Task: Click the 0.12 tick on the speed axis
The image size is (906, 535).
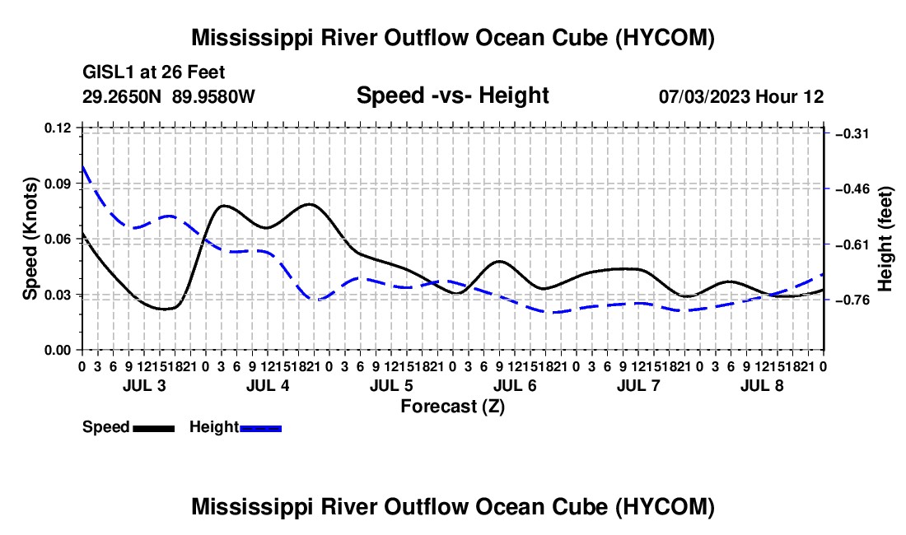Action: (x=57, y=128)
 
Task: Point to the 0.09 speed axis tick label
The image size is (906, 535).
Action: (x=57, y=184)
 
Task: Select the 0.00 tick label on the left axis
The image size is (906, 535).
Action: (x=57, y=351)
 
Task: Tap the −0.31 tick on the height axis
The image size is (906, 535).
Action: (x=852, y=134)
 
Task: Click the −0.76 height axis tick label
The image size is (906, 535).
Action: (x=852, y=300)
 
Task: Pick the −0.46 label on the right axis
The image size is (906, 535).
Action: (x=852, y=189)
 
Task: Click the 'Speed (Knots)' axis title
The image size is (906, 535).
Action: (x=30, y=239)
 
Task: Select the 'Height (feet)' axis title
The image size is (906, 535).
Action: (x=885, y=239)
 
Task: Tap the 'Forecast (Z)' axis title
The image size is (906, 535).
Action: (x=453, y=407)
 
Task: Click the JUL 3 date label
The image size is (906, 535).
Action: (x=144, y=385)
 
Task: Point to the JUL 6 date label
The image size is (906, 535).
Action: (x=515, y=385)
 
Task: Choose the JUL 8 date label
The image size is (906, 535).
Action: (x=762, y=385)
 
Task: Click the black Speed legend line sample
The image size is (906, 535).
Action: (x=154, y=429)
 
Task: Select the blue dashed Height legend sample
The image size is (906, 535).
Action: (x=260, y=429)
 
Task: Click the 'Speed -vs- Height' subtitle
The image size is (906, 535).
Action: (x=453, y=95)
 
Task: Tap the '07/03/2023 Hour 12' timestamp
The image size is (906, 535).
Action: (x=741, y=96)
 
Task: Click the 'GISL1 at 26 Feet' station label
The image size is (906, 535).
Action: (x=154, y=72)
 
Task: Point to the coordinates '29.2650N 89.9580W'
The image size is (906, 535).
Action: (x=169, y=96)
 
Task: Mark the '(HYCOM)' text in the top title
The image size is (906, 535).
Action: (x=665, y=38)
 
